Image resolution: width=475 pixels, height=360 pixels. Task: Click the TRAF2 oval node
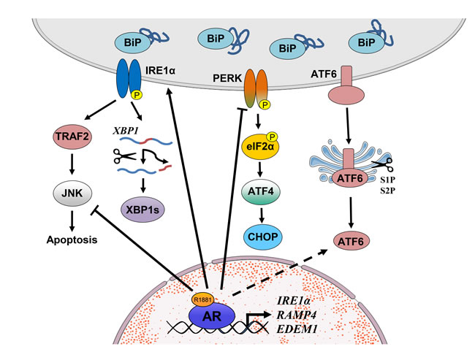pyautogui.click(x=70, y=136)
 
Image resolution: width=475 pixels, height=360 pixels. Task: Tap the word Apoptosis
pyautogui.click(x=69, y=239)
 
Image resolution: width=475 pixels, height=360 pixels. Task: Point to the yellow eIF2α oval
pyautogui.click(x=262, y=145)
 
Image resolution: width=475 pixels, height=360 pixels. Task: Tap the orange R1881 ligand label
pyautogui.click(x=204, y=299)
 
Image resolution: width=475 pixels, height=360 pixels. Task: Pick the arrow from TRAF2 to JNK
pyautogui.click(x=70, y=163)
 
